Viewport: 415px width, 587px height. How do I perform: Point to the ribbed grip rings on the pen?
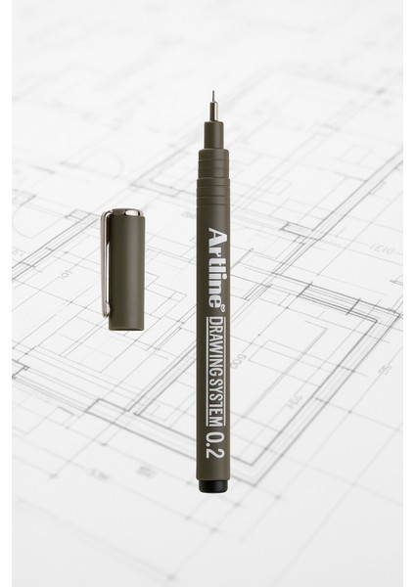coord(213,171)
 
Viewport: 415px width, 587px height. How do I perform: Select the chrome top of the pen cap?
coord(124,211)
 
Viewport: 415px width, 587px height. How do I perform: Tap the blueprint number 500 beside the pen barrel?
coord(238,348)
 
